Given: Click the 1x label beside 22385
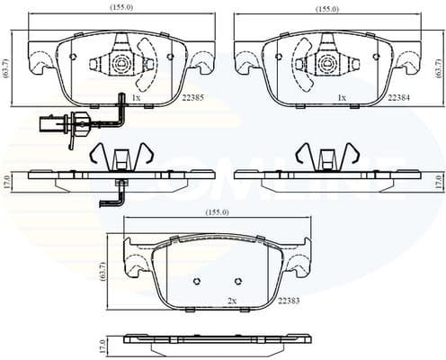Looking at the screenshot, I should [x=136, y=97].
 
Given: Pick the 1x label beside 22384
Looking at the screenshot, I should [x=341, y=97].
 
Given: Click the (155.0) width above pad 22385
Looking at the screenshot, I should [x=120, y=8].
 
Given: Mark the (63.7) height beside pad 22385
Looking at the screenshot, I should [x=7, y=67].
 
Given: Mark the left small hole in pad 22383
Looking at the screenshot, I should [x=197, y=281].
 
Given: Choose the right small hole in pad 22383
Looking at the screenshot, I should [x=238, y=281].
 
